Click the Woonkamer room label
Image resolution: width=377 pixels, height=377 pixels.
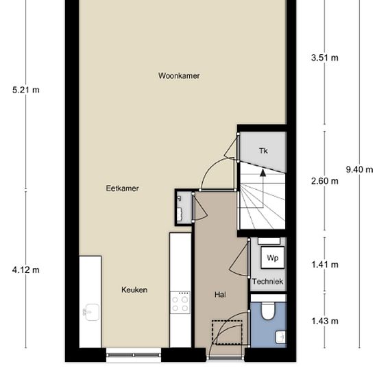pos(178,76)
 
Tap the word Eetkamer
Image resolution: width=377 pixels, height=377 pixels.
pos(123,188)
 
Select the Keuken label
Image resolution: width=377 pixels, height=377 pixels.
pos(134,290)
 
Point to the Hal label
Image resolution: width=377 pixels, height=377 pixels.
pos(220,295)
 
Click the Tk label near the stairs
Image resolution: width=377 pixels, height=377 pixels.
pos(263,151)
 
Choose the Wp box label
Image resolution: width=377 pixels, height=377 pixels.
pos(272,258)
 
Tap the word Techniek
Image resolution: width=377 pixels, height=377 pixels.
pos(267,282)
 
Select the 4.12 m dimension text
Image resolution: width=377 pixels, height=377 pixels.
pos(25,270)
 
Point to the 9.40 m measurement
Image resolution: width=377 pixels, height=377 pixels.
pos(359,170)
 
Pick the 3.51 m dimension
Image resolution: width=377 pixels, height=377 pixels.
pos(324,58)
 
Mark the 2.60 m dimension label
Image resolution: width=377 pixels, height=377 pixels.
pos(324,182)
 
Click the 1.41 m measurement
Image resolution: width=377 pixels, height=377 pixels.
pos(324,265)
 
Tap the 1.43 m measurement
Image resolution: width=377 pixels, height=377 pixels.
pos(324,321)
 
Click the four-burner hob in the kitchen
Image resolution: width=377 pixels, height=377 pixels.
pos(180,302)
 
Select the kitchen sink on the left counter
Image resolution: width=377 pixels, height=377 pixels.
pos(90,313)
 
